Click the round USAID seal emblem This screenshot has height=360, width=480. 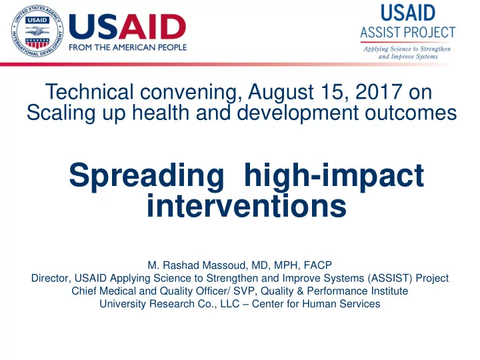pyautogui.click(x=37, y=31)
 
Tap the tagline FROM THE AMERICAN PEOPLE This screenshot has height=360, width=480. pyautogui.click(x=127, y=47)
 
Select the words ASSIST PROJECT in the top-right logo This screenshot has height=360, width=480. pyautogui.click(x=408, y=32)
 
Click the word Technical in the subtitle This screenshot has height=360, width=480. pyautogui.click(x=89, y=91)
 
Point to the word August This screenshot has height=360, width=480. pyautogui.click(x=281, y=92)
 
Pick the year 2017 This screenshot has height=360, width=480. pyautogui.click(x=379, y=91)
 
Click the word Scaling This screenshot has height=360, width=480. pyautogui.click(x=61, y=113)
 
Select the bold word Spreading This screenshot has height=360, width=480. pyautogui.click(x=147, y=177)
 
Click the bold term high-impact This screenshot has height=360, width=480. pyautogui.click(x=334, y=177)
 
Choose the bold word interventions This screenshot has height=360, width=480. pyautogui.click(x=247, y=206)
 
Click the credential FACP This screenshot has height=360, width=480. pyautogui.click(x=318, y=265)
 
